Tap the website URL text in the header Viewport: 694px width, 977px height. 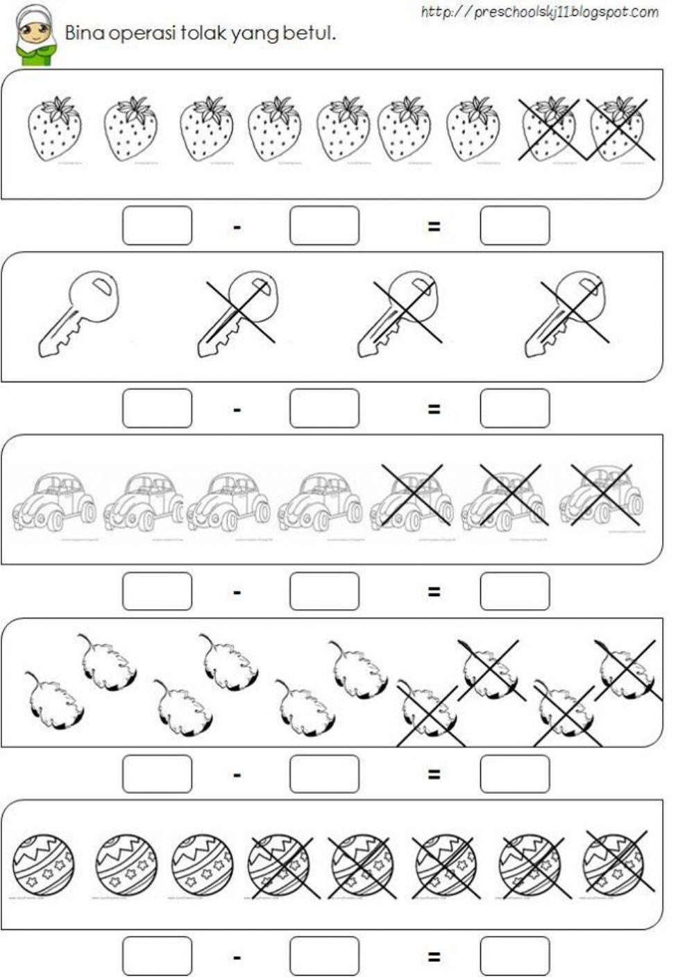click(x=539, y=12)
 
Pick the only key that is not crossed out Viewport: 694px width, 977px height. click(x=78, y=314)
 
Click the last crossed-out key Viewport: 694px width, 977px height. click(x=566, y=314)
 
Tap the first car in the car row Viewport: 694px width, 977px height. click(x=54, y=498)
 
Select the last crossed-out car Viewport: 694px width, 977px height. click(x=601, y=494)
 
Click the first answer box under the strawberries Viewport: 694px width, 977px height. click(x=157, y=226)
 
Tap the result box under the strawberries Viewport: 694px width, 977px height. click(x=515, y=226)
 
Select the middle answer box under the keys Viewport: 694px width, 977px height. click(x=324, y=408)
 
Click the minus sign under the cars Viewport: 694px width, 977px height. click(x=237, y=593)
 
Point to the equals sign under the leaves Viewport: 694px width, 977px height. click(x=434, y=774)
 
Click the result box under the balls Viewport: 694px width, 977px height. click(x=515, y=956)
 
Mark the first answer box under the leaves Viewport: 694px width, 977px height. click(x=157, y=774)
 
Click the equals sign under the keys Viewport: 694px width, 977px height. click(x=434, y=409)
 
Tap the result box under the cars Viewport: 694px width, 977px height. click(x=515, y=591)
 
